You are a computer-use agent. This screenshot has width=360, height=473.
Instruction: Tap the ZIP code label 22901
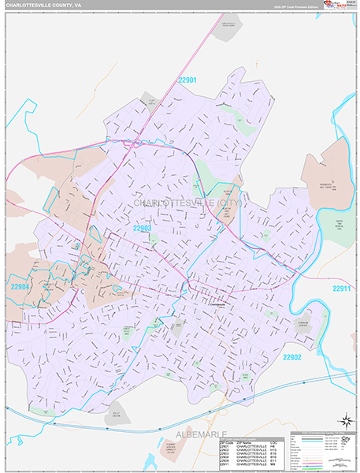[187, 80]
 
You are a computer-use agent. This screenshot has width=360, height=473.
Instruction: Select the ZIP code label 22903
[142, 229]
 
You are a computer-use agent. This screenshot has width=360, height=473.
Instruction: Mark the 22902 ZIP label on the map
[293, 357]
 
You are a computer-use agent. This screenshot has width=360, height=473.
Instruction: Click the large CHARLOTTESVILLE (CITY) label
[186, 203]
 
